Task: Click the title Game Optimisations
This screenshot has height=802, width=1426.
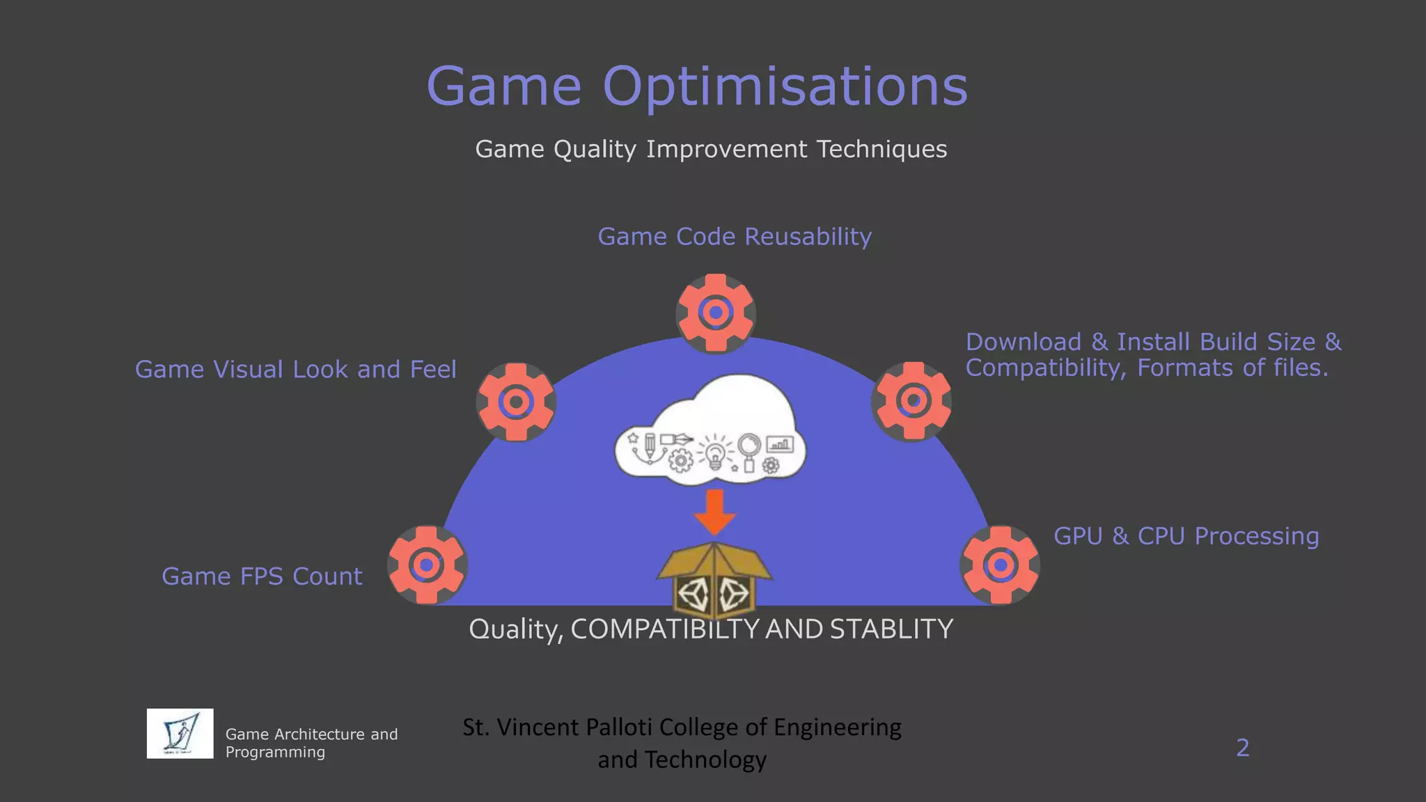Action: [x=697, y=86]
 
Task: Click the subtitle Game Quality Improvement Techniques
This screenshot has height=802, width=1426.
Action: [x=711, y=149]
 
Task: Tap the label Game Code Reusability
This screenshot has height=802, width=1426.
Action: [x=735, y=237]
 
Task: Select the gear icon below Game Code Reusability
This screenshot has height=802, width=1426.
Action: [x=716, y=313]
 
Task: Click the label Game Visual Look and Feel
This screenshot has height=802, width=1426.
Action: [x=295, y=369]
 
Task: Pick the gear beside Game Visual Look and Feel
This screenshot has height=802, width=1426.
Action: [x=516, y=402]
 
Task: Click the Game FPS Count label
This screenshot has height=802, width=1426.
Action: [x=262, y=576]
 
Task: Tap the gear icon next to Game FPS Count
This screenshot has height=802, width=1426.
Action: [x=427, y=565]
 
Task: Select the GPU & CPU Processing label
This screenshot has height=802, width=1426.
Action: [x=1186, y=536]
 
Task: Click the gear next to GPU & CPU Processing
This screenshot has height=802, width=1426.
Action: [x=1001, y=565]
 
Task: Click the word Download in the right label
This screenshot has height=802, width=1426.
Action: [x=1023, y=342]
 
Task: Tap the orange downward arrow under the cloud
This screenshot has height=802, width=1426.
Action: [x=714, y=512]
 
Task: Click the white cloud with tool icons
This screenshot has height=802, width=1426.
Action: [x=710, y=432]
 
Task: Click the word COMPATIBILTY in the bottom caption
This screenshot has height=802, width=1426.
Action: [x=664, y=629]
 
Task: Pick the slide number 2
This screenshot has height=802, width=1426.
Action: [x=1242, y=748]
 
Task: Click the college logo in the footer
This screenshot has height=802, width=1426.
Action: [x=180, y=733]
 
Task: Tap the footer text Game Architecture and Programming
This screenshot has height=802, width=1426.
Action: [x=311, y=743]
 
